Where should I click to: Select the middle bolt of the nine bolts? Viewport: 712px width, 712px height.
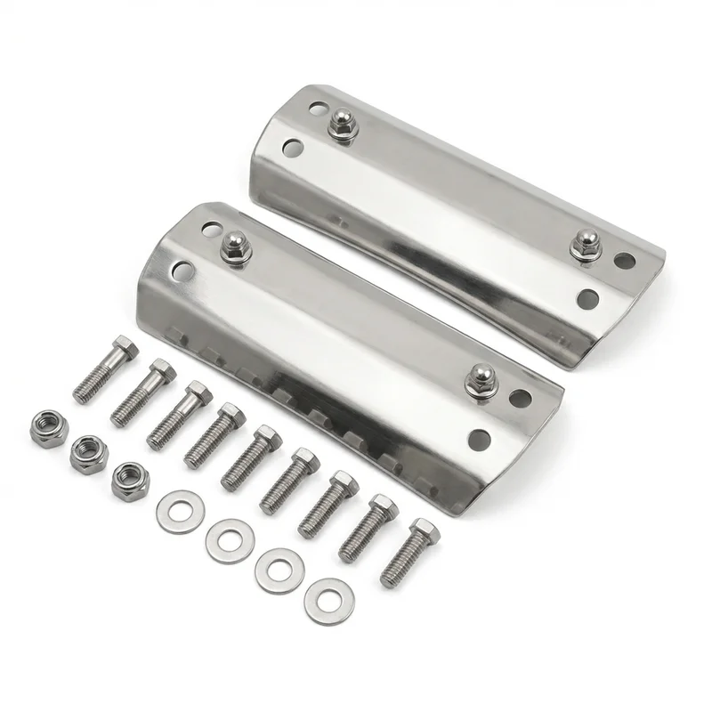tap(254, 457)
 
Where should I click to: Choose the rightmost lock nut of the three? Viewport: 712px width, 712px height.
tap(131, 481)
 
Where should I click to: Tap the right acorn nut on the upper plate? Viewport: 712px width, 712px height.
tap(587, 243)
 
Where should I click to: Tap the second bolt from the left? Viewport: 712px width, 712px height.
tap(142, 392)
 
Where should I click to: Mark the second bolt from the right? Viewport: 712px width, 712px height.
tap(368, 528)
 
